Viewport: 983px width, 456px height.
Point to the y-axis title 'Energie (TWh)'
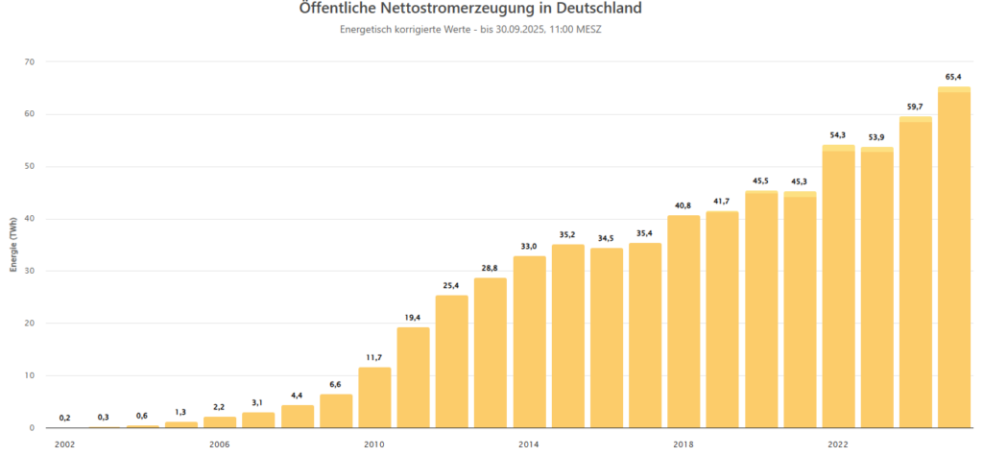pyautogui.click(x=13, y=245)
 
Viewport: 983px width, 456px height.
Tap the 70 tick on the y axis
pyautogui.click(x=28, y=62)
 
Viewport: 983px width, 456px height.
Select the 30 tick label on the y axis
pyautogui.click(x=28, y=272)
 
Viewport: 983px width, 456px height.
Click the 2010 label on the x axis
pyautogui.click(x=374, y=444)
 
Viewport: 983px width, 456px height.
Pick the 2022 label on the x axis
pyautogui.click(x=838, y=444)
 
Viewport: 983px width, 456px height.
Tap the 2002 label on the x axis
pyautogui.click(x=64, y=444)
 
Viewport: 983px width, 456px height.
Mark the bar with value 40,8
pyautogui.click(x=683, y=322)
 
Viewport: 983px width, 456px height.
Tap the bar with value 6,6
pyautogui.click(x=336, y=411)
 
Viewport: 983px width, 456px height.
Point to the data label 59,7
pyautogui.click(x=915, y=107)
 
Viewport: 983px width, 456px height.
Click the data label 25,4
pyautogui.click(x=451, y=285)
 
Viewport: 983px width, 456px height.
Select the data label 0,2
pyautogui.click(x=64, y=418)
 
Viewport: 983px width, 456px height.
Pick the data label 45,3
pyautogui.click(x=800, y=181)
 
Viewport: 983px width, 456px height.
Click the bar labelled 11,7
pyautogui.click(x=374, y=397)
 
